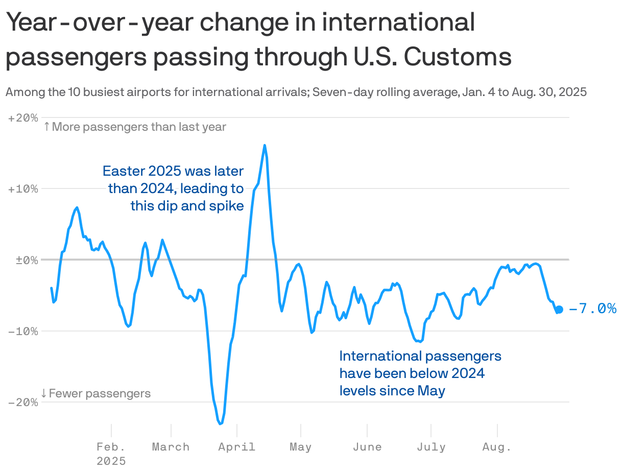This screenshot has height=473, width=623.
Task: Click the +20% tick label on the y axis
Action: [x=23, y=118]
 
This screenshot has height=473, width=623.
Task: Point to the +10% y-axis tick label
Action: [x=23, y=189]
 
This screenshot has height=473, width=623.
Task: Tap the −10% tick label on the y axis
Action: [x=23, y=331]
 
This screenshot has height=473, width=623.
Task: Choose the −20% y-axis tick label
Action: [x=23, y=402]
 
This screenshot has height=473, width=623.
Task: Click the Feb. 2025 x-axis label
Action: [x=111, y=454]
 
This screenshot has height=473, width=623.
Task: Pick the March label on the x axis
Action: [x=171, y=447]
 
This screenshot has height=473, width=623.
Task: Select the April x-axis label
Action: [x=237, y=447]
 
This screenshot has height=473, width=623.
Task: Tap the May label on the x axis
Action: [x=300, y=447]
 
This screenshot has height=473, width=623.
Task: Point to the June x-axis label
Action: [x=367, y=447]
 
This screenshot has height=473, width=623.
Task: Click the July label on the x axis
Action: [x=431, y=447]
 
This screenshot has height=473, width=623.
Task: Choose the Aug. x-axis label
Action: [x=497, y=447]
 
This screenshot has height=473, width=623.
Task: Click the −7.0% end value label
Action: [x=592, y=309]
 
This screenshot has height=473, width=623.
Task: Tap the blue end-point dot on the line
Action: [x=559, y=309]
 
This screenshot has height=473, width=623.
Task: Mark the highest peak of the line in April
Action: [x=265, y=146]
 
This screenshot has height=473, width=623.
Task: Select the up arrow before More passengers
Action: [x=46, y=127]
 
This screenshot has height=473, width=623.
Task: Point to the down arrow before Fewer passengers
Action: [x=44, y=393]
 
